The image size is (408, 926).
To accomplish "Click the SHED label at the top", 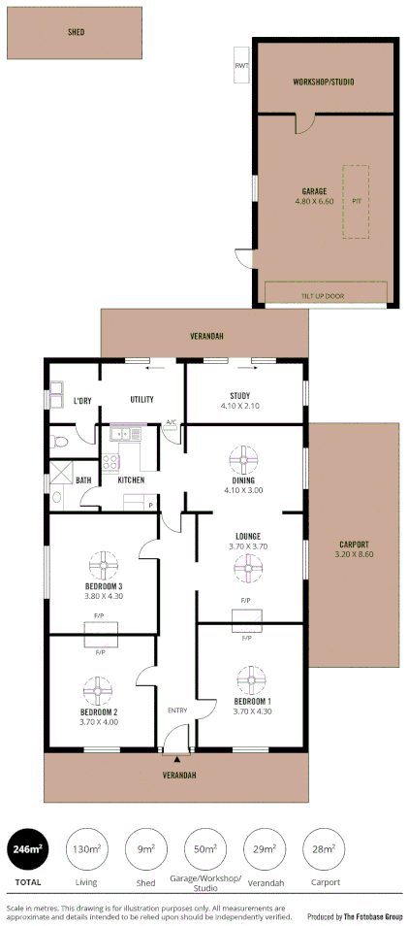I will [76, 32].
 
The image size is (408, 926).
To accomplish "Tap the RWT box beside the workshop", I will [240, 66].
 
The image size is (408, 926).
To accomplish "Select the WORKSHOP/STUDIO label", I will [324, 83].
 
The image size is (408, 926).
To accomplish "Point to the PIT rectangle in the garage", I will [356, 202].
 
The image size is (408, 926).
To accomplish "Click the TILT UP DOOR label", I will [326, 296].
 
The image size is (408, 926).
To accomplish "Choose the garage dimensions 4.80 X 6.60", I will [313, 201].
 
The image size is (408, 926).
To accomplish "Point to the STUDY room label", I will [239, 395].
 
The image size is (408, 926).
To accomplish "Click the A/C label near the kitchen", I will [171, 422].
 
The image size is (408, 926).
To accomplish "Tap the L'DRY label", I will [83, 401].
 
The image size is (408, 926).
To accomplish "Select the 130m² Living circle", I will [86, 849].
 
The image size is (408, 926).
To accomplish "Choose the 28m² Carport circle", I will [325, 849].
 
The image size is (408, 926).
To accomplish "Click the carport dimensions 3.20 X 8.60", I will [355, 554].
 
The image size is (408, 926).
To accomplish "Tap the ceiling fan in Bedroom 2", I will [99, 690].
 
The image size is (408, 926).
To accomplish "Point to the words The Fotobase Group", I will [372, 916].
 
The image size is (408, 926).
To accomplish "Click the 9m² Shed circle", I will [146, 849].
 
